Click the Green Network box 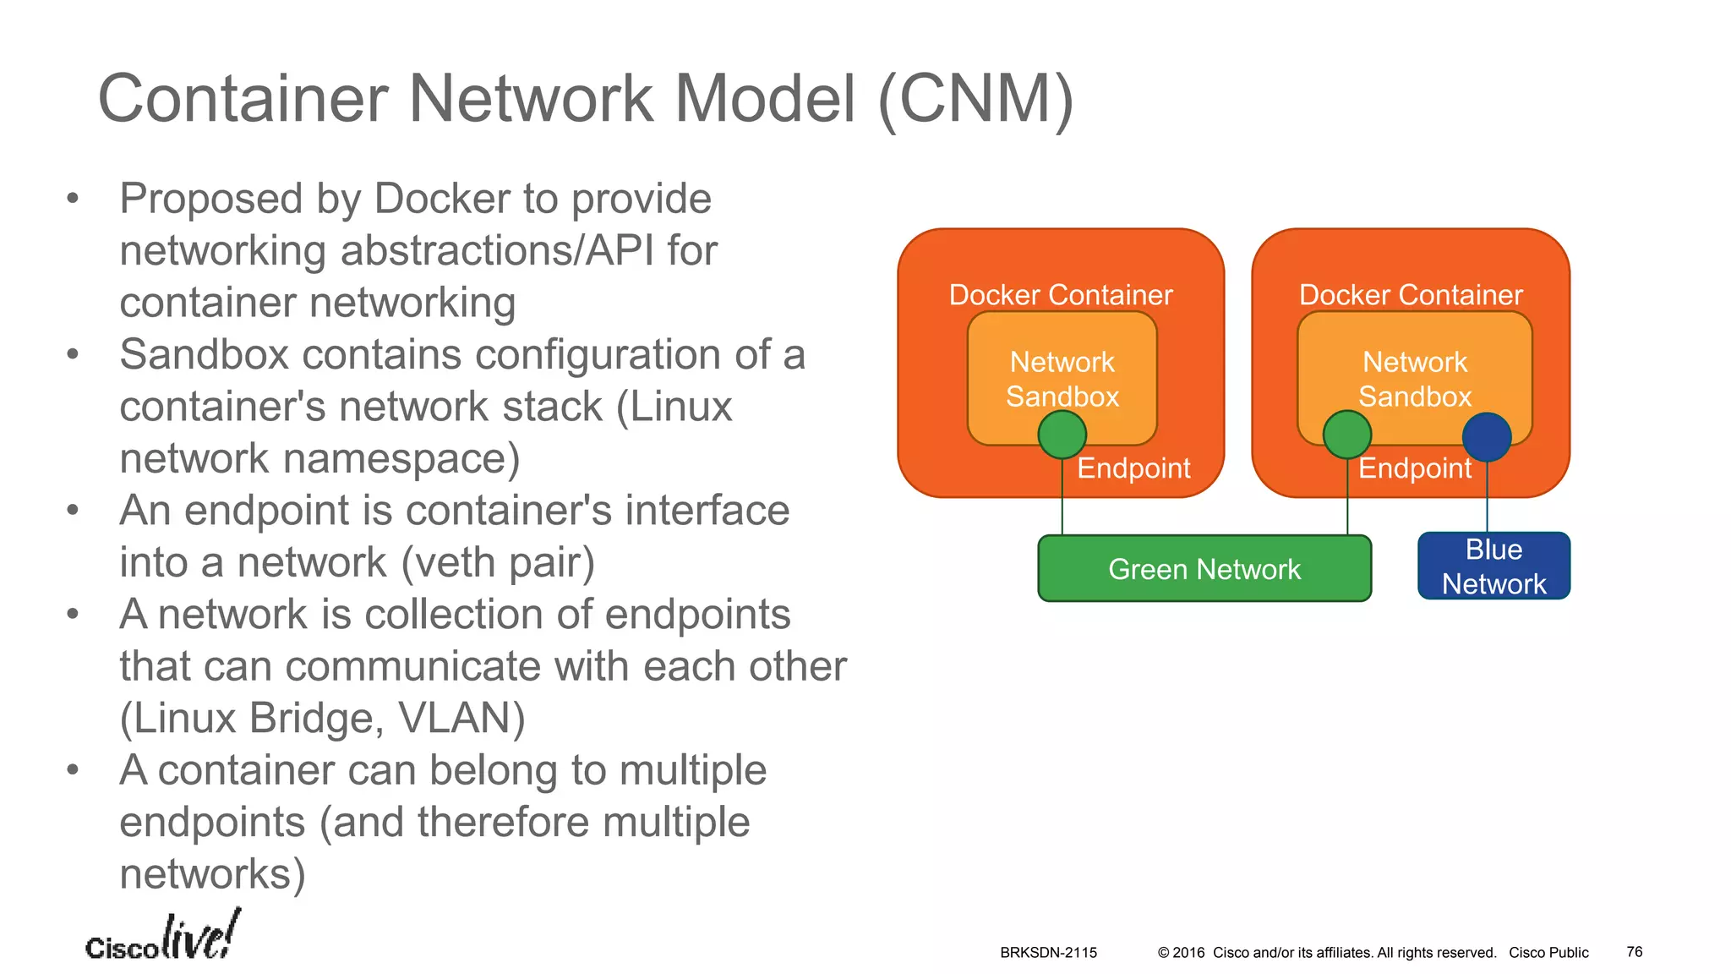pos(1204,568)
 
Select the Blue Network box pos(1493,566)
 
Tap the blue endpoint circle pos(1487,436)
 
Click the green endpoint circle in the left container pos(1062,435)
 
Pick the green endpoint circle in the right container pos(1346,435)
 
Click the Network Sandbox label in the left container pos(1062,379)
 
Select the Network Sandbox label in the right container pos(1415,379)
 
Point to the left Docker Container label pos(1061,294)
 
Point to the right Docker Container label pos(1411,294)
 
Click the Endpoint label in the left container pos(1133,468)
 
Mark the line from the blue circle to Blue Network pos(1487,499)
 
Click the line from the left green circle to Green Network pos(1062,499)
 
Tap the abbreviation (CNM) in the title pos(976,100)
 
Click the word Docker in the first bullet pos(442,199)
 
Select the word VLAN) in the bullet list pos(461,718)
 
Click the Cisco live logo pos(162,938)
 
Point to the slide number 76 pos(1634,952)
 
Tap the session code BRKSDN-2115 pos(1048,953)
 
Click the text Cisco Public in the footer pos(1548,953)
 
